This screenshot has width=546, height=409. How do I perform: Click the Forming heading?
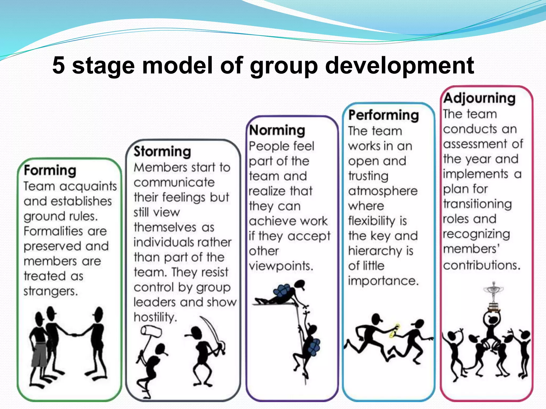(50, 170)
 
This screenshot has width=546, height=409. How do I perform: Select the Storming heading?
(162, 152)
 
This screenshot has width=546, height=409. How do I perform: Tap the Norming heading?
(277, 130)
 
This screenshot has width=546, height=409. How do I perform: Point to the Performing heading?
(384, 116)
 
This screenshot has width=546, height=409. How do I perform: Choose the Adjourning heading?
(479, 98)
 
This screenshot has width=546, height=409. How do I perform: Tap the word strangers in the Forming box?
(51, 291)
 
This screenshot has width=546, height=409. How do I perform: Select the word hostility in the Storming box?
(155, 317)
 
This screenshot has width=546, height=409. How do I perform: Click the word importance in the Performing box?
(383, 281)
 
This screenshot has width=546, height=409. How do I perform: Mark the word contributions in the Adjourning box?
(482, 265)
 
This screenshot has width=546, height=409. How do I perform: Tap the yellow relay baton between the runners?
(395, 331)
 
